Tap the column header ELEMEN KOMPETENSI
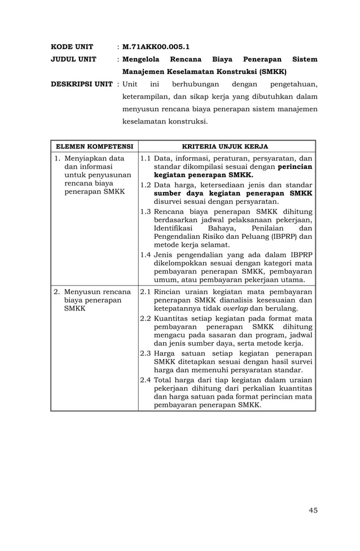pyautogui.click(x=94, y=146)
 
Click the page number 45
pyautogui.click(x=313, y=510)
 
